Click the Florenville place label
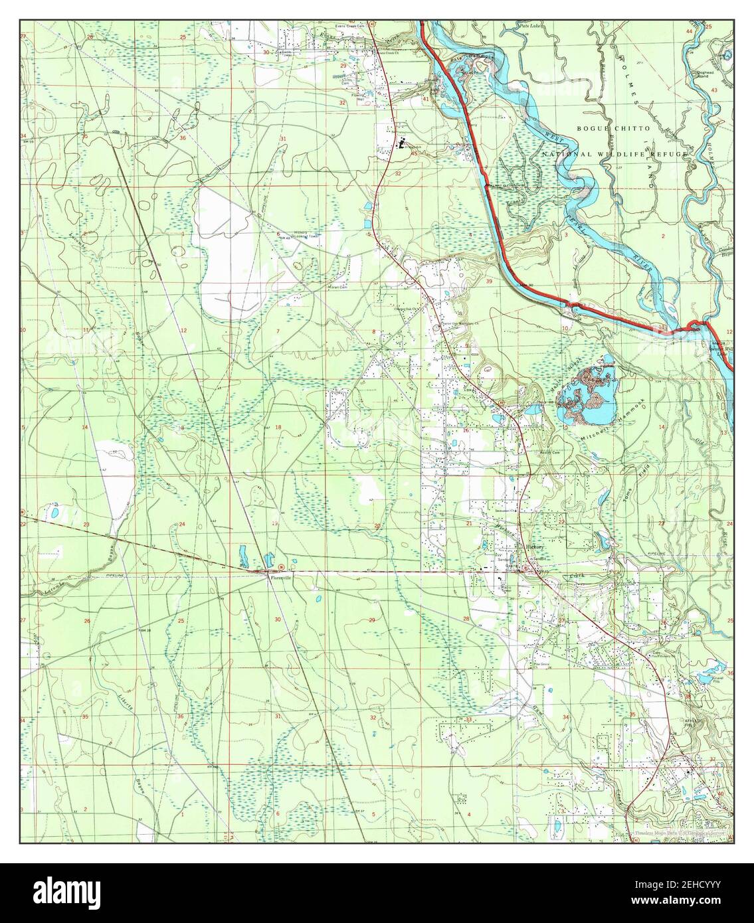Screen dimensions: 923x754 coord(280,578)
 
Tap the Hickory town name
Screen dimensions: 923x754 coord(535,546)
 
